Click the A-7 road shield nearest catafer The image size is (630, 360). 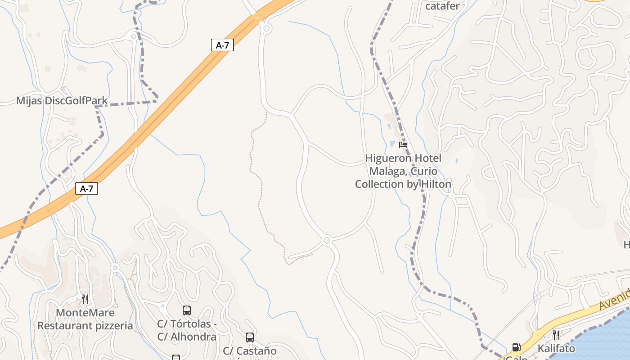[x=222, y=45]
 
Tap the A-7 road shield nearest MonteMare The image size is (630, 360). [x=86, y=189]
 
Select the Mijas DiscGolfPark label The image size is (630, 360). [x=62, y=100]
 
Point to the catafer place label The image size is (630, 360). [x=442, y=6]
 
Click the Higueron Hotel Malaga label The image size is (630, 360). [x=403, y=171]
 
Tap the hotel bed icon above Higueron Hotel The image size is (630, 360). [x=403, y=145]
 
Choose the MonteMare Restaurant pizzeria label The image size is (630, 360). [x=85, y=319]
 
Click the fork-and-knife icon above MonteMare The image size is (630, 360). [x=85, y=299]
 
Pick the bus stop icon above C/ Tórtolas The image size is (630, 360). [x=187, y=310]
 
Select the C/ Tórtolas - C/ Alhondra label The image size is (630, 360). [x=187, y=330]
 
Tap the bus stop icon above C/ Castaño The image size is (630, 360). [x=250, y=337]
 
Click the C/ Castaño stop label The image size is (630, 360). [x=250, y=351]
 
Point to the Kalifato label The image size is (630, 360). [x=556, y=348]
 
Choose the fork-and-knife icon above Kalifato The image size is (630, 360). [x=556, y=335]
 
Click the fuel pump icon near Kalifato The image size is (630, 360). [x=516, y=347]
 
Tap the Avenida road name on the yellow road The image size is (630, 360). [x=614, y=300]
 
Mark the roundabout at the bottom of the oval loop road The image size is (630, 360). [x=327, y=241]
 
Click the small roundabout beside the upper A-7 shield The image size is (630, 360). [x=267, y=29]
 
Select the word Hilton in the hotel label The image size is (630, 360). [x=436, y=184]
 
